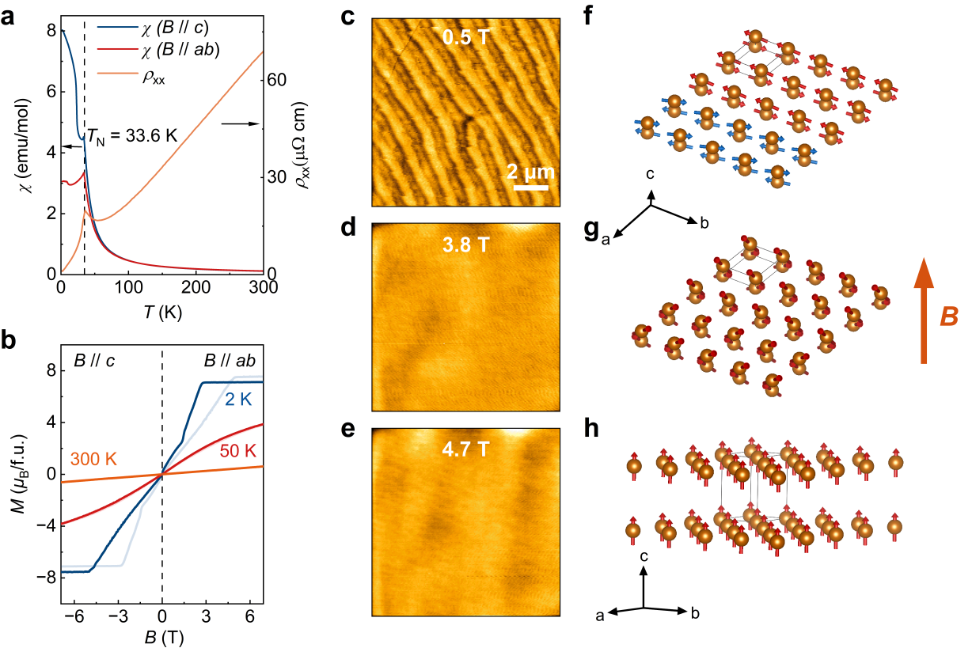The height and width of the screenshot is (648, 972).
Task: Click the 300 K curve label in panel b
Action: (x=93, y=458)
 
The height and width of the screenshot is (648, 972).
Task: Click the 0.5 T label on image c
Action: (x=465, y=37)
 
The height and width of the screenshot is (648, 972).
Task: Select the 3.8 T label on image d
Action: (x=465, y=244)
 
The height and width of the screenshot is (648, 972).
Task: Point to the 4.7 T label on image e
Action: (x=465, y=450)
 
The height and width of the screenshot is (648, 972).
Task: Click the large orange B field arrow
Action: (x=923, y=313)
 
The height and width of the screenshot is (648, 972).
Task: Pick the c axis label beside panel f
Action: (x=650, y=173)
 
